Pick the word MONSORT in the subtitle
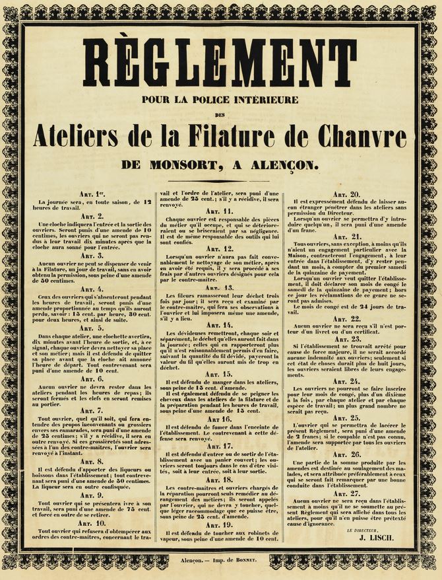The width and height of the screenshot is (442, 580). click(x=195, y=164)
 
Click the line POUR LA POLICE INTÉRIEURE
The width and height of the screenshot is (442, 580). click(x=220, y=100)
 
